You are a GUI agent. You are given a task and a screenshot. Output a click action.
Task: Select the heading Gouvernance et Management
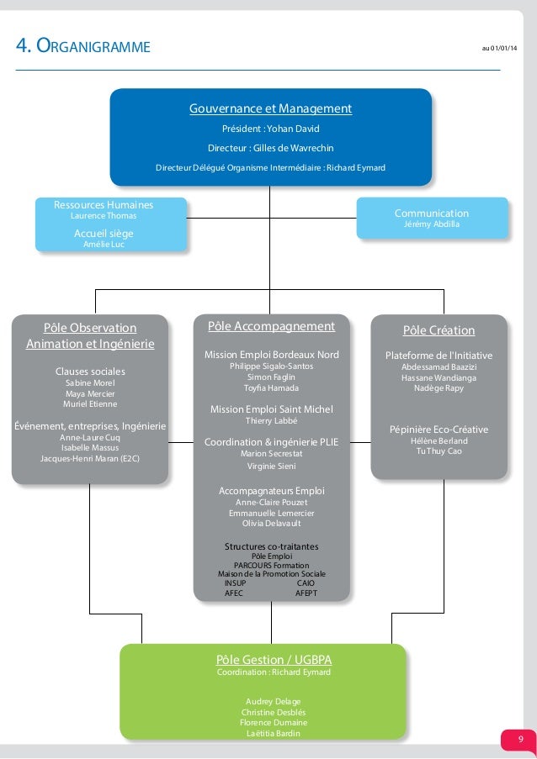(x=270, y=108)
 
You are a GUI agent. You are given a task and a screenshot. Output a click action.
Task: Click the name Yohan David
(x=287, y=129)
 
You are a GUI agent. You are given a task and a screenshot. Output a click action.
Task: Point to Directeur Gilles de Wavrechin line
(x=270, y=148)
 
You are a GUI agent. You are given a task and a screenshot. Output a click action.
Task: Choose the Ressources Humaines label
(x=104, y=204)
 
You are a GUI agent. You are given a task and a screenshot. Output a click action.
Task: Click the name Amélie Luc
(x=104, y=244)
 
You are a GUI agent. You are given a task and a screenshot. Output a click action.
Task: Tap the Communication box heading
(x=432, y=213)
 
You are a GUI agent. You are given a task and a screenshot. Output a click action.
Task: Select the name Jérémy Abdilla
(x=432, y=224)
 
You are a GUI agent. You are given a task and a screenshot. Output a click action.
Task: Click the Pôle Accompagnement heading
(x=271, y=326)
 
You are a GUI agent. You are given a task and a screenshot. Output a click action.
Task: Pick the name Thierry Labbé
(x=271, y=420)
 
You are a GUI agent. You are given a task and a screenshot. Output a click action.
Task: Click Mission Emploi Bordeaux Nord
(x=271, y=355)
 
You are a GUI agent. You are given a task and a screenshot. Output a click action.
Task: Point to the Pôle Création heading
(x=439, y=330)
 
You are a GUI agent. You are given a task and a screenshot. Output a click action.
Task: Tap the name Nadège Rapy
(x=439, y=389)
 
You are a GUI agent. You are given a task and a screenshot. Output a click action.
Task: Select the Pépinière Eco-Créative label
(x=439, y=430)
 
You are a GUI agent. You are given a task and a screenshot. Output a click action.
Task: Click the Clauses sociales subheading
(x=90, y=371)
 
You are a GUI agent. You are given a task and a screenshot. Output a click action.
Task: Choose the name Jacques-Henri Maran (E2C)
(x=90, y=459)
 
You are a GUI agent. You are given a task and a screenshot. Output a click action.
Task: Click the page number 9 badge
(x=519, y=740)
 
